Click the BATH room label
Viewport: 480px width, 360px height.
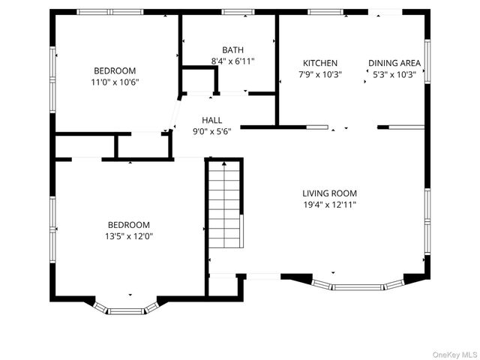(232, 49)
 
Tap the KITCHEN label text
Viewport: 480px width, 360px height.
(320, 63)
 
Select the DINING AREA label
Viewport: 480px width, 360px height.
(394, 63)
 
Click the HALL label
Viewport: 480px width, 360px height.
(212, 119)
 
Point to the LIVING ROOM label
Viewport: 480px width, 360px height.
(329, 193)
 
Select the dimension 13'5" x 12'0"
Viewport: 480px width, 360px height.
(128, 236)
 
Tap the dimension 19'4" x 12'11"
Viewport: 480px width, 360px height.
(329, 204)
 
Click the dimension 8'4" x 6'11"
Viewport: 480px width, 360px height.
(232, 61)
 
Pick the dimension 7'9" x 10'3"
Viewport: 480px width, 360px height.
(320, 74)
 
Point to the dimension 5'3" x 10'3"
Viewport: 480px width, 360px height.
(394, 74)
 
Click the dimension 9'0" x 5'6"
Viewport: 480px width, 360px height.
(212, 130)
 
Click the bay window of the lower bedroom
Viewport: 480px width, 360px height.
(126, 307)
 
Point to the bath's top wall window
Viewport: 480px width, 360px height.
(237, 12)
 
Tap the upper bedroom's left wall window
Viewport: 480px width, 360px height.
(52, 75)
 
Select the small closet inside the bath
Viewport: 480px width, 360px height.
(197, 81)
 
